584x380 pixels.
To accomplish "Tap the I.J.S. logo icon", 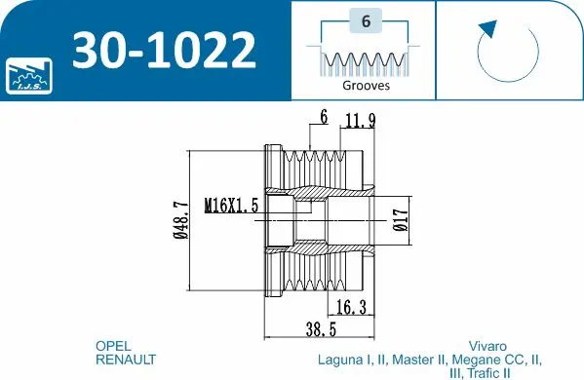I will click(26, 74).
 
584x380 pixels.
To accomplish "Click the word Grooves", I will click(366, 85).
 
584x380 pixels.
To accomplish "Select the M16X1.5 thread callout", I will click(231, 206).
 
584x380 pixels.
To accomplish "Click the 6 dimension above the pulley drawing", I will click(323, 118).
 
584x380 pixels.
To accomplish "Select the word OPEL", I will click(112, 346).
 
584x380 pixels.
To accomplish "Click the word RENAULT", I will click(125, 360).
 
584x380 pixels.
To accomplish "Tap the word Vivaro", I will click(487, 346).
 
